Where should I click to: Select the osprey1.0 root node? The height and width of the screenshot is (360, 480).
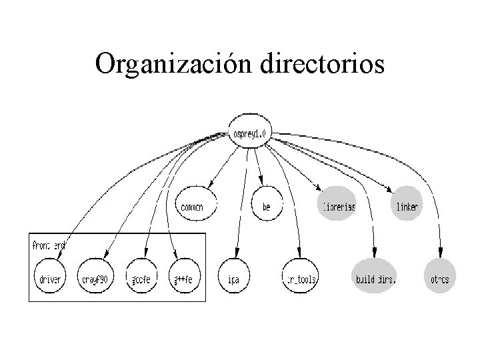(249, 134)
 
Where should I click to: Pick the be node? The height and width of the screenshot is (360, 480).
(267, 207)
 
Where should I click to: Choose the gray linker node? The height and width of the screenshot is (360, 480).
(407, 207)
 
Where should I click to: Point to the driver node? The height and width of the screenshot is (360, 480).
(51, 279)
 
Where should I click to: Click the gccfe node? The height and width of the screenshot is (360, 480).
(141, 279)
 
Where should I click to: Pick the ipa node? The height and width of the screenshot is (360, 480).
(234, 279)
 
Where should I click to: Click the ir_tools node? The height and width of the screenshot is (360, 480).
(299, 279)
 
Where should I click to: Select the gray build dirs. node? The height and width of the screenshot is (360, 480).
(375, 279)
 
